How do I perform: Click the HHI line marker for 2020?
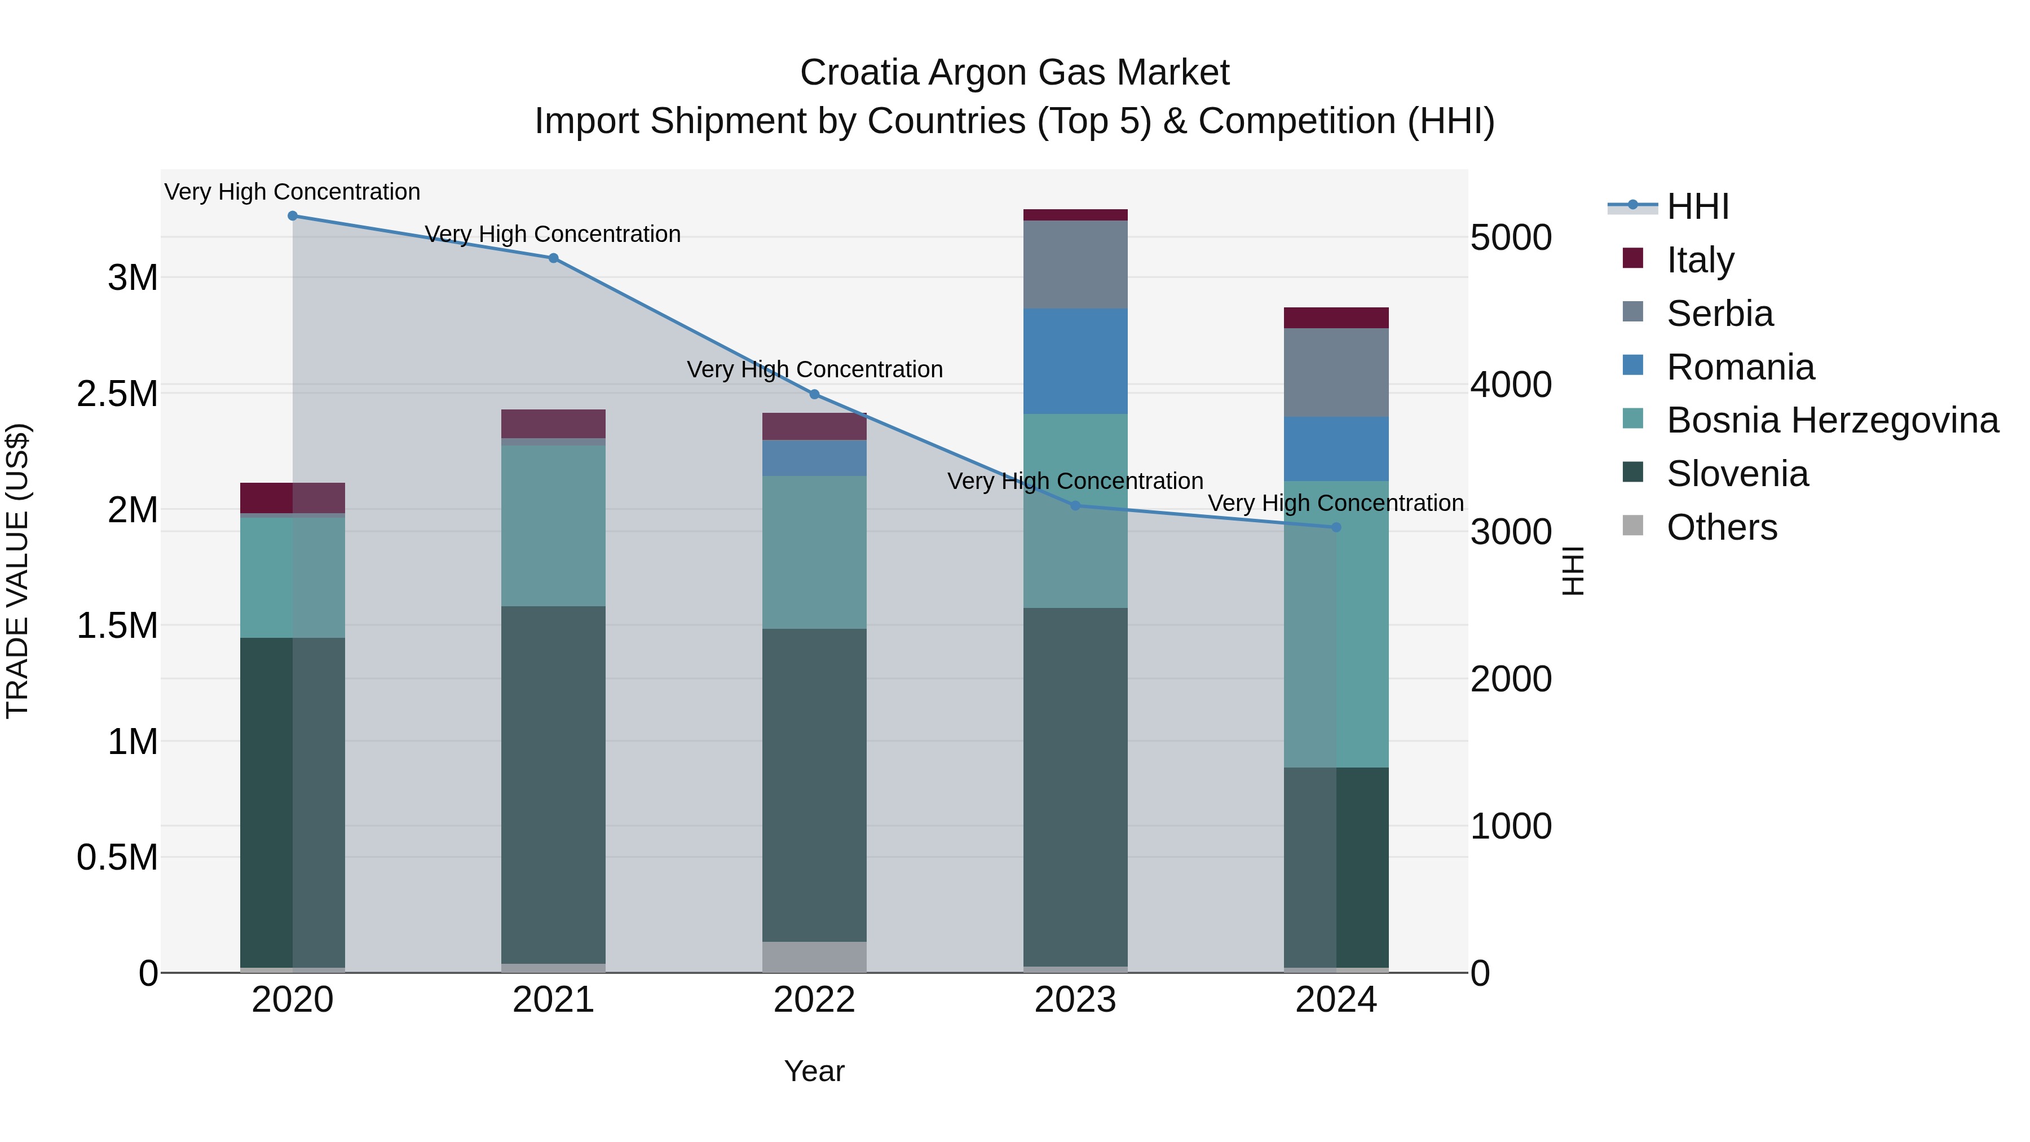click(x=292, y=216)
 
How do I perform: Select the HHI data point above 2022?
click(x=815, y=395)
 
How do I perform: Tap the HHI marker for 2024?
click(x=1336, y=527)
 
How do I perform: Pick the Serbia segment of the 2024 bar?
click(x=1336, y=372)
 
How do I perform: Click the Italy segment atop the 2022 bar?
click(x=814, y=426)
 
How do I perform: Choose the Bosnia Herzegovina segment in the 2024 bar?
click(x=1336, y=623)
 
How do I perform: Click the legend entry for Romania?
click(x=1740, y=367)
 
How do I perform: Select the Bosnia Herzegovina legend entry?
click(x=1832, y=420)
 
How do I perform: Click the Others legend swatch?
click(x=1633, y=526)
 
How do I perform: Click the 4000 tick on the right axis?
click(x=1511, y=385)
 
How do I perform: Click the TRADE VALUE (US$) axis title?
click(x=17, y=571)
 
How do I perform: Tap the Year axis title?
click(x=814, y=1071)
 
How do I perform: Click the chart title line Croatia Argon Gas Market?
click(x=1014, y=73)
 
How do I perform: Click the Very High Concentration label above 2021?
click(x=553, y=234)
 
